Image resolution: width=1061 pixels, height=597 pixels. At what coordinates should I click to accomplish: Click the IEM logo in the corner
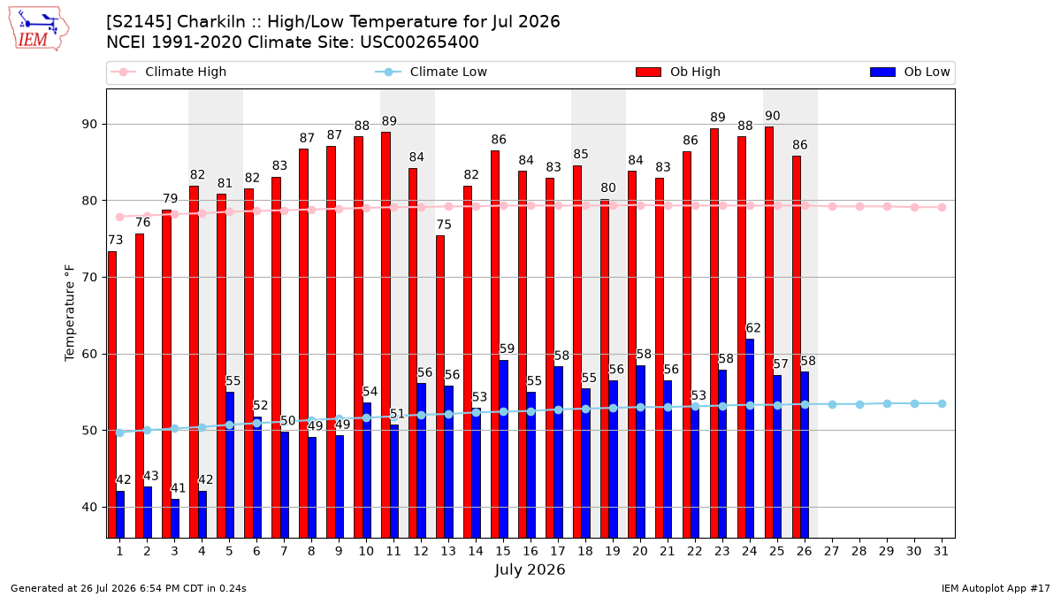click(x=39, y=29)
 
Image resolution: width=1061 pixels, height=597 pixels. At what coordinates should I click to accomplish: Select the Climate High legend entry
click(x=168, y=72)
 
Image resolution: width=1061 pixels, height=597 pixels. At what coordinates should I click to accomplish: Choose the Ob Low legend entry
click(x=910, y=72)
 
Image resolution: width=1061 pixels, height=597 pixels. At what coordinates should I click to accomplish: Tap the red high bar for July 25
click(x=769, y=333)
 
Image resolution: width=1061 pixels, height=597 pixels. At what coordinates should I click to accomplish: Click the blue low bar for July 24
click(x=750, y=439)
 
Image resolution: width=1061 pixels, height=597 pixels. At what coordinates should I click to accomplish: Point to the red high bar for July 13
click(x=440, y=387)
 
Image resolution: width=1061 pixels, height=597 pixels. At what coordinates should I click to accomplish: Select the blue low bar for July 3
click(x=175, y=518)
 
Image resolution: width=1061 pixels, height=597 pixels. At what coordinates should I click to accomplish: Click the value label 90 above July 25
click(x=773, y=116)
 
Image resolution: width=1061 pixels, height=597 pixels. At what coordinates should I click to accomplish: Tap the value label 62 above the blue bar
click(x=753, y=328)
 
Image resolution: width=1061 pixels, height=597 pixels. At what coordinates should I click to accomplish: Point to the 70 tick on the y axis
click(x=89, y=277)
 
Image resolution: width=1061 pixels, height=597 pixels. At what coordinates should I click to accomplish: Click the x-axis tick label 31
click(x=941, y=552)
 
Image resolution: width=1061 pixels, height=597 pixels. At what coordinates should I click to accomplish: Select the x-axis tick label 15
click(x=503, y=552)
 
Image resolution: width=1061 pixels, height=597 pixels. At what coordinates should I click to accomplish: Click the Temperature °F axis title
click(x=70, y=313)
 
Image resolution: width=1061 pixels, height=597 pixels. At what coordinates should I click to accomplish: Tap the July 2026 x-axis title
click(x=530, y=570)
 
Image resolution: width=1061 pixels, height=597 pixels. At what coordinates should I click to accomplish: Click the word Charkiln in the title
click(x=211, y=22)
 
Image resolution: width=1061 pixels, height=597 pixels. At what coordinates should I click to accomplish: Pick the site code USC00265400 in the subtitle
click(x=420, y=42)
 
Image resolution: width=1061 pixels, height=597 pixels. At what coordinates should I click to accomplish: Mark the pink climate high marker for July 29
click(x=887, y=207)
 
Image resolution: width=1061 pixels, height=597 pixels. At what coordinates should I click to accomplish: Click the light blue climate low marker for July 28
click(x=859, y=405)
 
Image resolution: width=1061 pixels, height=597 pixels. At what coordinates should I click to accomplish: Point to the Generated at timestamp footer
click(x=128, y=588)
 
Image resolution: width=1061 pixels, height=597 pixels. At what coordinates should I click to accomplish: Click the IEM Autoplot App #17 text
click(x=996, y=588)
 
